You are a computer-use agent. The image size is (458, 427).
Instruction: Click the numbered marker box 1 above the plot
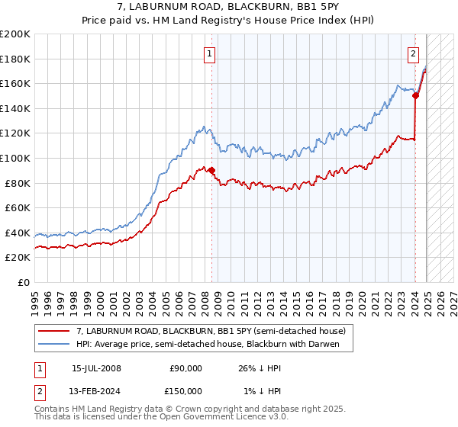[x=209, y=53]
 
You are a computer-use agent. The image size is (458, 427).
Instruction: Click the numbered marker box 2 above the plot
[x=413, y=53]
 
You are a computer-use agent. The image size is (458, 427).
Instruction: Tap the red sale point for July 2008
[x=211, y=171]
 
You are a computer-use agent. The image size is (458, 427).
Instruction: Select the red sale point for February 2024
[x=415, y=96]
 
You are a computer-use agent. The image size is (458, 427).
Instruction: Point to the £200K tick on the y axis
[x=15, y=34]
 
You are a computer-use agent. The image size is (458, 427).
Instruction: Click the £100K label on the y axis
[x=15, y=158]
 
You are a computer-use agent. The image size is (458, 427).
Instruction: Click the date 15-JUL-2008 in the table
[x=96, y=368]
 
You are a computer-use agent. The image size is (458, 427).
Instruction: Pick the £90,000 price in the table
[x=185, y=368]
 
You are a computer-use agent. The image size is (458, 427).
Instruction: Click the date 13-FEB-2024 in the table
[x=96, y=390]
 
